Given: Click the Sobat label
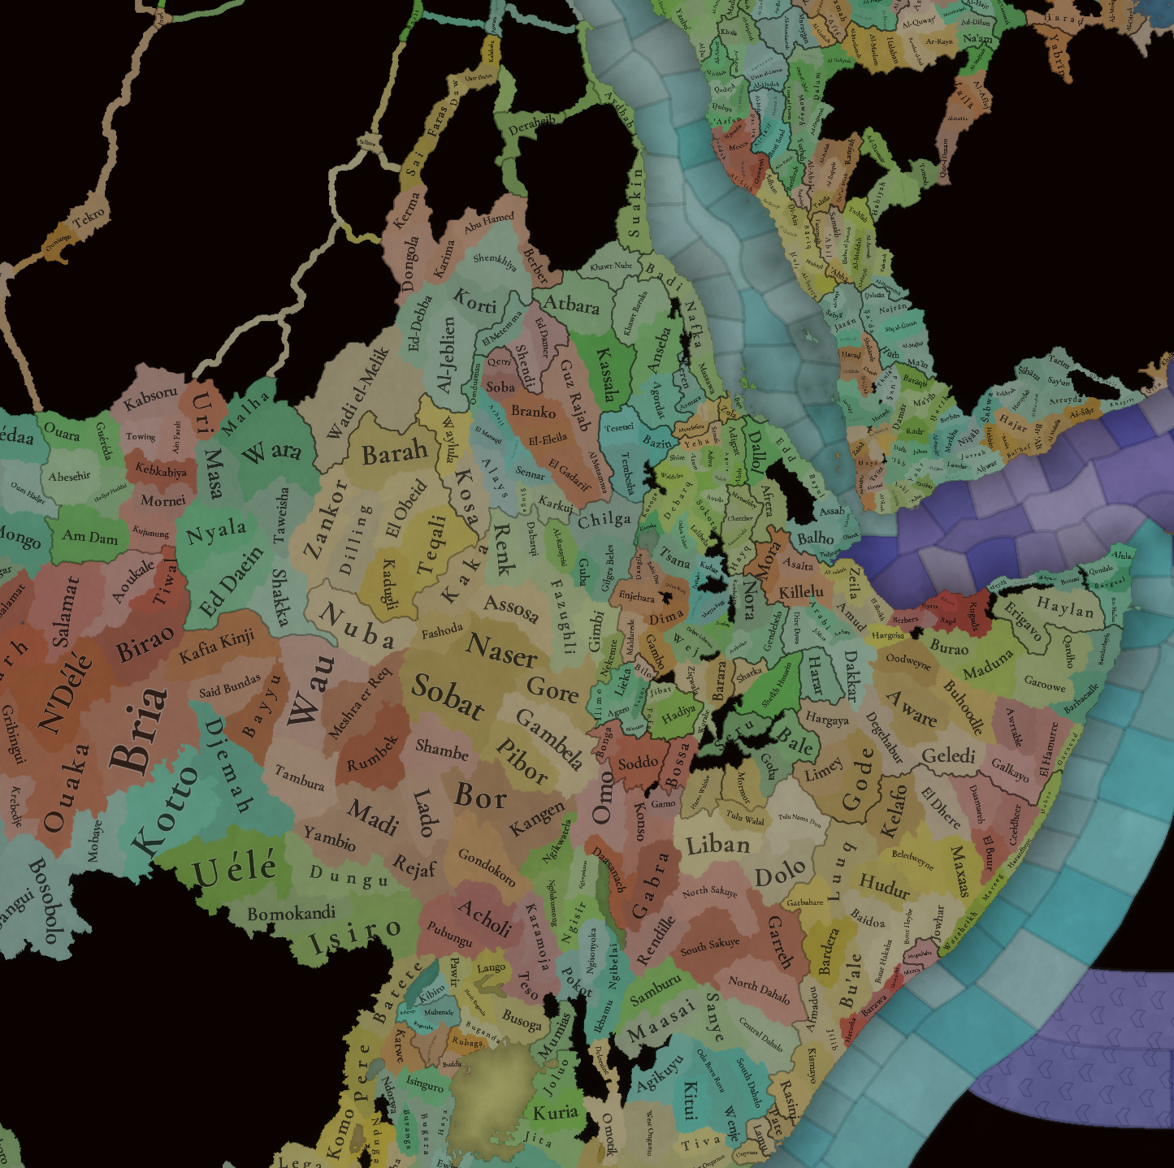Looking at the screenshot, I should [x=447, y=697].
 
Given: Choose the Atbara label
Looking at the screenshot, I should [x=571, y=305].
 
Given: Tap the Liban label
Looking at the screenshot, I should [x=717, y=846].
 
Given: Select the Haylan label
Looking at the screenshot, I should [x=1064, y=606].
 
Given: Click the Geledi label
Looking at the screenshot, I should [x=948, y=756].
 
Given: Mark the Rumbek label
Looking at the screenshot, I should [x=373, y=754].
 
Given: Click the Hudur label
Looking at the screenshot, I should [x=884, y=885].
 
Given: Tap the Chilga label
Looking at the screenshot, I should [x=604, y=520].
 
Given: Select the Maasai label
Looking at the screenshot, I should [x=661, y=1021].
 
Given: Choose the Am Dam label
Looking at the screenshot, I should [x=90, y=537].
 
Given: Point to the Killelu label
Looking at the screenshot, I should [x=801, y=591].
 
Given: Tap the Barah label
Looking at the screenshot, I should [x=395, y=452].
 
